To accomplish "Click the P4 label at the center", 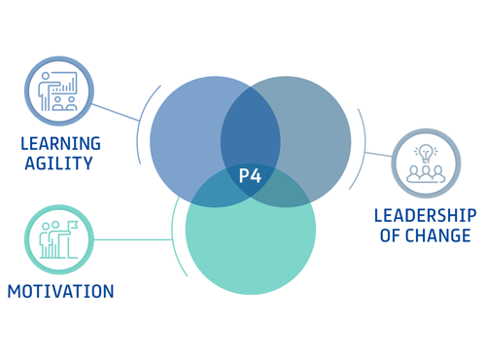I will pos(250,177).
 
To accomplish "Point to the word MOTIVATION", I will pos(60,291).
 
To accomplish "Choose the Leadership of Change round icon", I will pos(426,163).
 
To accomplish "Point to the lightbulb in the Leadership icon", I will pos(426,153).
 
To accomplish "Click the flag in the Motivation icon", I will pos(71,228).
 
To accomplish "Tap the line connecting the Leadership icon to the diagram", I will pos(379,155).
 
